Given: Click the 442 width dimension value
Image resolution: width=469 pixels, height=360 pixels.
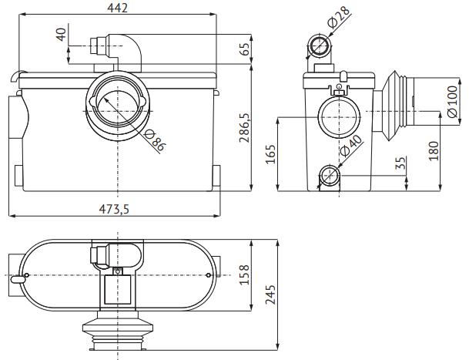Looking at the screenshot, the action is point(117,8).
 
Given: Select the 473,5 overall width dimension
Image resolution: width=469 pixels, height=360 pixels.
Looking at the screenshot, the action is point(114,209).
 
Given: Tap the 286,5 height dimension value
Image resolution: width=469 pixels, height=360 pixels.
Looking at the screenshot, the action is point(244,128).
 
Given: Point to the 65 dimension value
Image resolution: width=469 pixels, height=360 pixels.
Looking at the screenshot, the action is point(244,49).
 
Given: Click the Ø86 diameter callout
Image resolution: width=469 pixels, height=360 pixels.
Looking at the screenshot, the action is point(154,140).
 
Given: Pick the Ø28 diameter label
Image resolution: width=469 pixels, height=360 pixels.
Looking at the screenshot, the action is point(338,17).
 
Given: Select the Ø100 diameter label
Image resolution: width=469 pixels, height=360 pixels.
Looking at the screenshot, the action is point(452,102).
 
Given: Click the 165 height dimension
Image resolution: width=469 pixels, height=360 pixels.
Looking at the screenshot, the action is point(270,154).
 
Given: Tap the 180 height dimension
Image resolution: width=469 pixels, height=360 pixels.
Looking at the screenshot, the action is point(434,151).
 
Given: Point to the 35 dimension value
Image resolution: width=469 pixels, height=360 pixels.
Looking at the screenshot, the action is point(400,163).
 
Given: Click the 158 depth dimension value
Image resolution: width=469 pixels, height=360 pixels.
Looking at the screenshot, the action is point(244,274).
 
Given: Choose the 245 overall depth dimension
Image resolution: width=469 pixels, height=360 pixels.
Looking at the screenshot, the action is point(270,294).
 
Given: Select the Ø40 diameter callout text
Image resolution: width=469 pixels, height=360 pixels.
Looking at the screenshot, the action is point(351,146).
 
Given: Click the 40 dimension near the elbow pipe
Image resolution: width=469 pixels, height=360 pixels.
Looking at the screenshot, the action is point(61,35).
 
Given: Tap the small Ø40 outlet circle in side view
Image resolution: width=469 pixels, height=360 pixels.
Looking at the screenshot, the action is point(329,174).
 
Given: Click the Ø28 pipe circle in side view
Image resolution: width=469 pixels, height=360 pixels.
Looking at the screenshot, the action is point(320,45).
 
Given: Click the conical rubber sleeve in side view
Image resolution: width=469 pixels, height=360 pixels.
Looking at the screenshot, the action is point(389,106).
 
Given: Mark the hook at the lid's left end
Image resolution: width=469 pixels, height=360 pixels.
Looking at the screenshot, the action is point(18,75).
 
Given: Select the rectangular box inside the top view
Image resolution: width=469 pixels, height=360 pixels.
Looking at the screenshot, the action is point(118,289).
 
